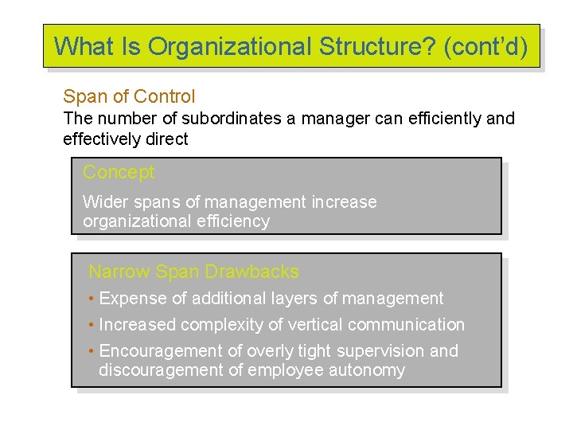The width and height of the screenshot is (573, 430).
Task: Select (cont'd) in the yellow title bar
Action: click(485, 46)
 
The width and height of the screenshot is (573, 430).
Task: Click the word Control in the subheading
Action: click(165, 97)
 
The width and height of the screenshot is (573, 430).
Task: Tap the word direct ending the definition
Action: click(167, 139)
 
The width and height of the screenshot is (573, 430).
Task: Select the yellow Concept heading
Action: click(118, 172)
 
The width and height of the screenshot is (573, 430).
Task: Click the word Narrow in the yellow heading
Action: click(119, 272)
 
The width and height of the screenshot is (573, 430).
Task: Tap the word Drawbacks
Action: click(251, 272)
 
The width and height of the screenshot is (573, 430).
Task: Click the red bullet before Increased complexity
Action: click(92, 325)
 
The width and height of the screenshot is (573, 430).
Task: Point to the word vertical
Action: click(316, 325)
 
